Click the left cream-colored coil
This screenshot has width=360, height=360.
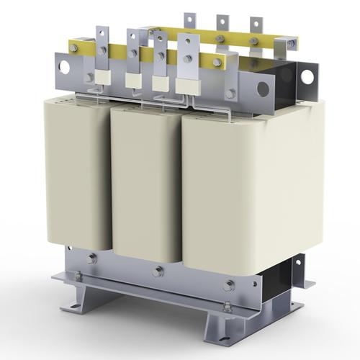(77, 173)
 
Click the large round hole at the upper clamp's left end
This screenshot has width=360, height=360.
(64, 67)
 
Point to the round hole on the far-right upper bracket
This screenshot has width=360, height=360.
(307, 76)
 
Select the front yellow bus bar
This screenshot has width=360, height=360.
(144, 55)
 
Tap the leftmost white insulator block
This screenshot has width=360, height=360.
(102, 76)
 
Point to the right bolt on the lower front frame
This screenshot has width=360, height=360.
(228, 285)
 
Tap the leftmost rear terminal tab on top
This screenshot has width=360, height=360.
(189, 22)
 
